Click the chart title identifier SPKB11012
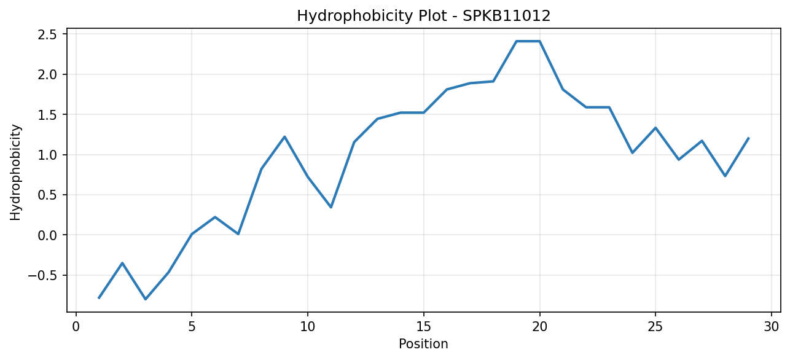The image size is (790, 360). pos(506,16)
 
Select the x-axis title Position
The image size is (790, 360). pos(423,344)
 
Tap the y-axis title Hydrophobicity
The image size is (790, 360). pos(15,173)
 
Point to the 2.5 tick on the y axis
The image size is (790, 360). pos(47,34)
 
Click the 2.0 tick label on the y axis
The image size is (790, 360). pos(47,75)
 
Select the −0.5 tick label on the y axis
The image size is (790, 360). pos(42,275)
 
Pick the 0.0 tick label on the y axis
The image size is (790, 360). pos(47,235)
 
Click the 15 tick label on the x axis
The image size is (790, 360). pos(424,327)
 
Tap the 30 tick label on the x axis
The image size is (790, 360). pos(772,327)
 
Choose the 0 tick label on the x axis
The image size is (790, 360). pos(76,327)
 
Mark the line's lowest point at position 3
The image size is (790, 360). pos(146,299)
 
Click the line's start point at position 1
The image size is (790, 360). pos(99,298)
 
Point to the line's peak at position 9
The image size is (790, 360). pos(284,137)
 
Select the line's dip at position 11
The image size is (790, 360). pos(331,207)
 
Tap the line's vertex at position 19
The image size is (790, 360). pos(516,41)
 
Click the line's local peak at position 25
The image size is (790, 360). pos(655,128)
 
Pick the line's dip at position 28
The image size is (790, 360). pos(725,176)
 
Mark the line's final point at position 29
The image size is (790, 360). pos(748,138)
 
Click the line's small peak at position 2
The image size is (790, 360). pos(122,263)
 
